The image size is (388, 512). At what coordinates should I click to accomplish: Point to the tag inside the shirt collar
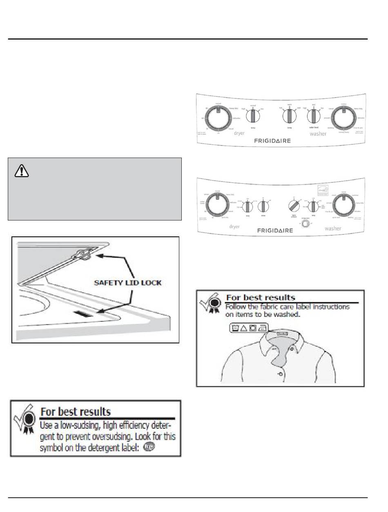click(x=281, y=334)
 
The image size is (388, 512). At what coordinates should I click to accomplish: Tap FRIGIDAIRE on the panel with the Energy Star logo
click(x=275, y=231)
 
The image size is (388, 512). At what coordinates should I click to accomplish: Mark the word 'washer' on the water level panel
click(x=318, y=134)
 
